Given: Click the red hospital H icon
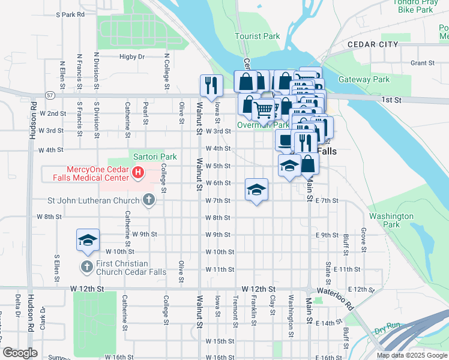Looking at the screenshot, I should (x=138, y=175).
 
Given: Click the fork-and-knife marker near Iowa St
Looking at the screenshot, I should (x=211, y=85).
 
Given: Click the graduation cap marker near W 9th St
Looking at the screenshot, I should (x=88, y=240).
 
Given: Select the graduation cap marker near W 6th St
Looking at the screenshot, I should (x=256, y=190).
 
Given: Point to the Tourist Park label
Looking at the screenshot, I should (x=257, y=37).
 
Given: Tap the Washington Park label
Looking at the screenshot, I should (x=391, y=220).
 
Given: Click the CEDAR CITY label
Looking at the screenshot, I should (x=372, y=45).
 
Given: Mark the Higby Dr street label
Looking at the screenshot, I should (x=132, y=57).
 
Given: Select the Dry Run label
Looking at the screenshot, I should (x=387, y=331).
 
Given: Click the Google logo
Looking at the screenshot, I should (x=20, y=353).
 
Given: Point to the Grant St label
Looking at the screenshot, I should (x=422, y=63).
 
